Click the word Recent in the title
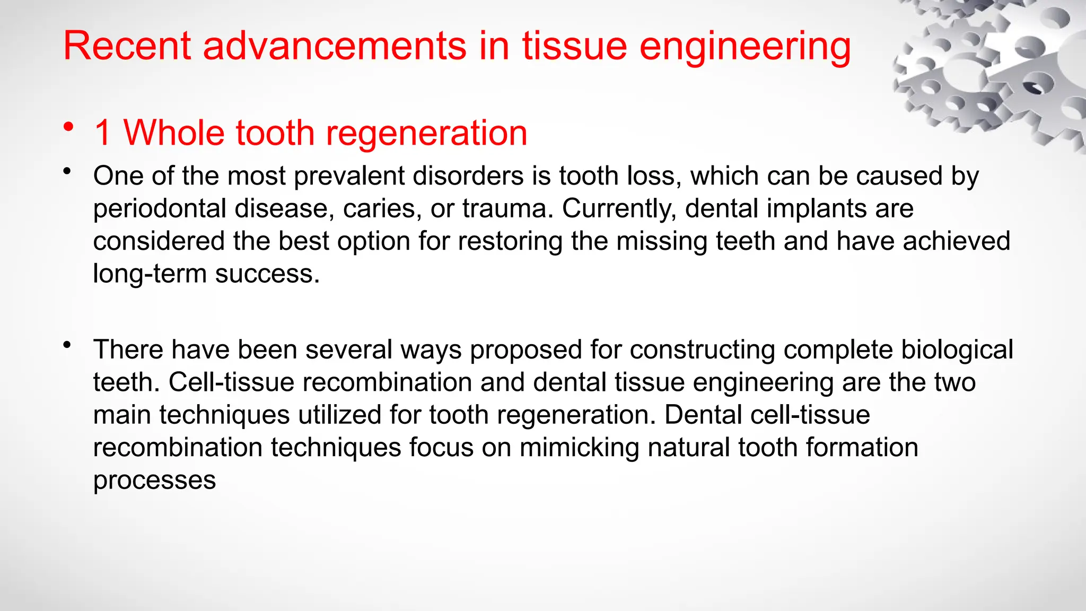tap(126, 46)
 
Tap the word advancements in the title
tap(335, 46)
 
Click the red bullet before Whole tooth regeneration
tap(67, 127)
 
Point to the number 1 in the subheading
tap(102, 133)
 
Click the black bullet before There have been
tap(66, 345)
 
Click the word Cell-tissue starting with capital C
tap(231, 382)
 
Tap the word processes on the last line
tap(154, 481)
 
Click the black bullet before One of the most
tap(66, 171)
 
